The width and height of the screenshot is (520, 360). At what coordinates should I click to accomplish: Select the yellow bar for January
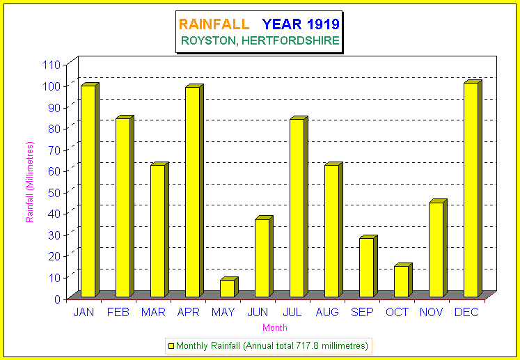(x=88, y=191)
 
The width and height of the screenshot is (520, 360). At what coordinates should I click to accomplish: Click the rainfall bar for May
(x=228, y=288)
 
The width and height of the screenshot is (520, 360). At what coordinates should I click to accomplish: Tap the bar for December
(x=471, y=189)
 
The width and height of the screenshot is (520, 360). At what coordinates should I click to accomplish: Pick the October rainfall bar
(x=402, y=281)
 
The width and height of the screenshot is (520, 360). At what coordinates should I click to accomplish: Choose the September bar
(x=367, y=267)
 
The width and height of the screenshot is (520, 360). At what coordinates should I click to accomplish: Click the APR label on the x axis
(x=188, y=312)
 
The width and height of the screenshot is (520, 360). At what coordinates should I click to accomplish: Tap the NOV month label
(x=432, y=312)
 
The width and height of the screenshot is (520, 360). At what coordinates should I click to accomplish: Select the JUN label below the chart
(x=258, y=312)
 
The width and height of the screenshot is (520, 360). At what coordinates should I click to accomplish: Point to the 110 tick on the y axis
(x=53, y=65)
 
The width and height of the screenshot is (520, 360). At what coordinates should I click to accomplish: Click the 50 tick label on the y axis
(x=56, y=192)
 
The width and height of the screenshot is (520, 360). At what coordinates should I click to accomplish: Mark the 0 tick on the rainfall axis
(x=59, y=299)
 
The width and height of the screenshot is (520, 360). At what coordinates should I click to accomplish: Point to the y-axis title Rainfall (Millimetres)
(x=29, y=181)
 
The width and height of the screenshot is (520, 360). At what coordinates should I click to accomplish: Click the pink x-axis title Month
(x=274, y=327)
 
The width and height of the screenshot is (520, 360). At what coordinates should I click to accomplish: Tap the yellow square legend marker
(x=171, y=345)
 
